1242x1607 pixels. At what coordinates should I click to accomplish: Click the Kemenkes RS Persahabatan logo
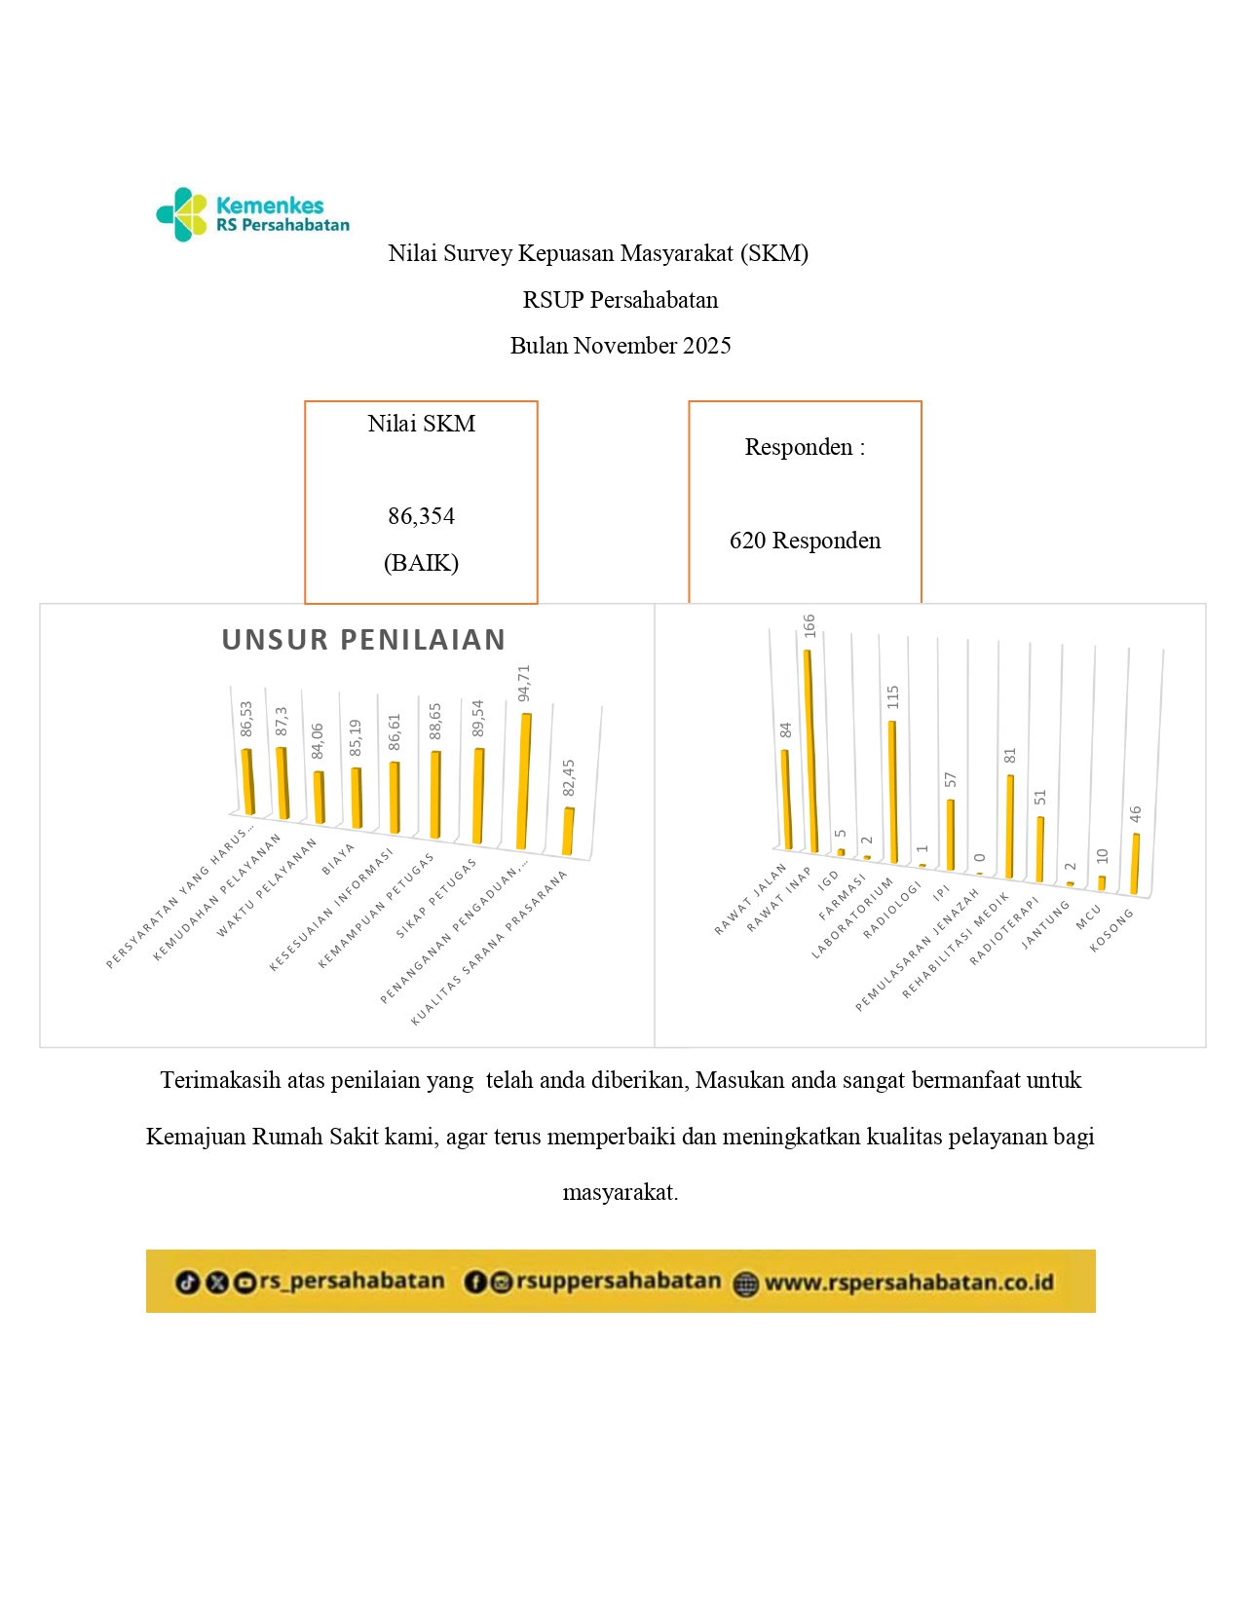tap(252, 214)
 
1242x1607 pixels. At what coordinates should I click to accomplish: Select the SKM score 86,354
tap(421, 516)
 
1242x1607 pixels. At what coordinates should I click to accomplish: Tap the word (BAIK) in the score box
tap(421, 563)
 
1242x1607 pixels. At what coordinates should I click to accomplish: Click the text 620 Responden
tap(805, 541)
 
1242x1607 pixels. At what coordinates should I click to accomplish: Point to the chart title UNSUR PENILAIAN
tap(363, 640)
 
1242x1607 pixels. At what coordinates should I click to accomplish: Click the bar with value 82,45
tap(568, 831)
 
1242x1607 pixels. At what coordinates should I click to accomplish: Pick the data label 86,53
tap(246, 719)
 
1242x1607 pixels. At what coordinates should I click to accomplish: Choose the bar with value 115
tap(893, 791)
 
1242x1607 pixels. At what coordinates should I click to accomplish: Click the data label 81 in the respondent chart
tap(1010, 756)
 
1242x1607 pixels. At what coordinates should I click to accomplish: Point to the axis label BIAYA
tap(338, 859)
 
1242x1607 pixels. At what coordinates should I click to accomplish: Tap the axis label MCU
tap(1088, 916)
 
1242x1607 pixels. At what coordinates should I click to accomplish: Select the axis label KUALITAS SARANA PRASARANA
tap(489, 947)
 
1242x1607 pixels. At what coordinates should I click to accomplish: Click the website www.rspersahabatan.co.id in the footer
tap(908, 1283)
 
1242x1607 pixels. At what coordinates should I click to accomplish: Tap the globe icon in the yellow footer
tap(746, 1284)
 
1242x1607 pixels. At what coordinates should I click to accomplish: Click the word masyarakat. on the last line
tap(621, 1192)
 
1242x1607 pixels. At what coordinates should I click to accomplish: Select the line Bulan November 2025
tap(621, 346)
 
